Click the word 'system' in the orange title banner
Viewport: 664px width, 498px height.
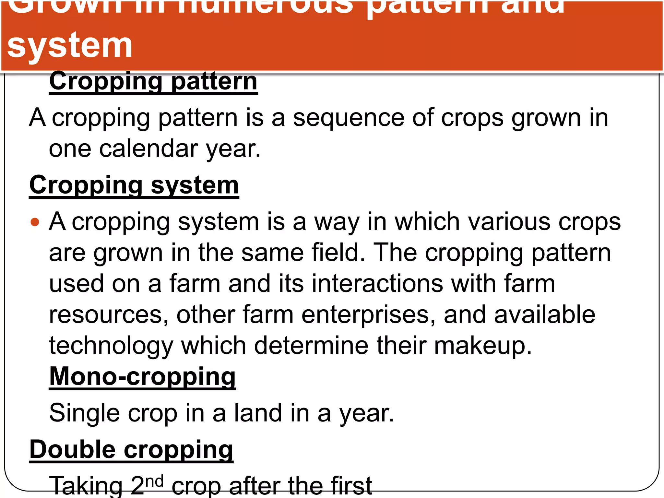click(70, 45)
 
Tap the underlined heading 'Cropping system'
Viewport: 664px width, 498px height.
click(134, 185)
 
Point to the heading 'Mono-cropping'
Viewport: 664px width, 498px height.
click(142, 376)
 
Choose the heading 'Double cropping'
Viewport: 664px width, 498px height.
click(131, 450)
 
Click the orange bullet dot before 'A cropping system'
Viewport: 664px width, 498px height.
click(35, 222)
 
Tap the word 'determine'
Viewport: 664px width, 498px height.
click(311, 345)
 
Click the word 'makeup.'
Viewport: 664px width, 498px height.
click(483, 346)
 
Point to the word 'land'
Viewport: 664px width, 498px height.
click(258, 413)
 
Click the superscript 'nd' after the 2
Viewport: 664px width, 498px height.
click(154, 481)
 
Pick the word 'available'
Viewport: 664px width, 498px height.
click(545, 314)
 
